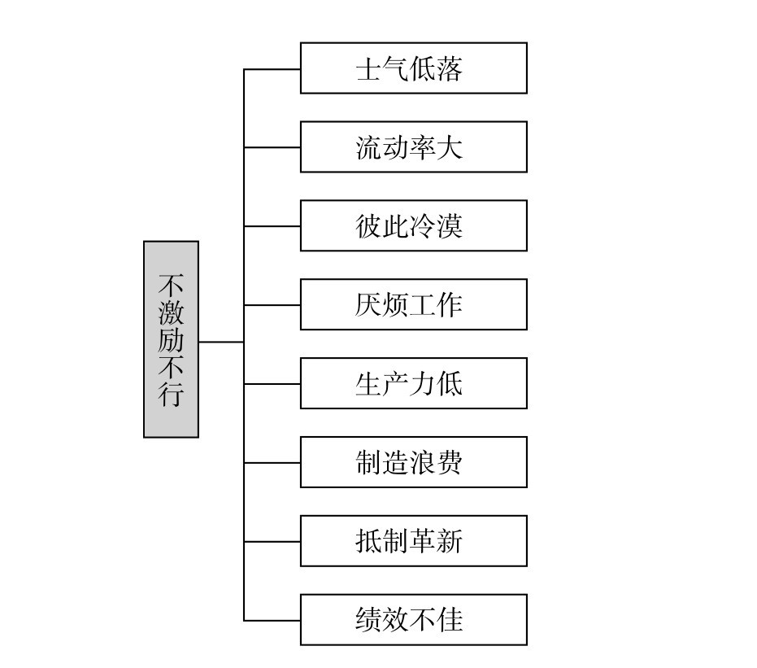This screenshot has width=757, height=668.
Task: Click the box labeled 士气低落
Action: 413,68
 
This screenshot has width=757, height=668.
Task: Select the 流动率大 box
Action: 413,147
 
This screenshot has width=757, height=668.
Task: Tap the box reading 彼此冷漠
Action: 413,225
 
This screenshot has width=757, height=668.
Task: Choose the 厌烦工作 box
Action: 413,304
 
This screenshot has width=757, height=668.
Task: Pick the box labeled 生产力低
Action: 413,383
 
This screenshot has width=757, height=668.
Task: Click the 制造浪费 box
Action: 413,462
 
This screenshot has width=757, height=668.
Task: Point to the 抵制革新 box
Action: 413,541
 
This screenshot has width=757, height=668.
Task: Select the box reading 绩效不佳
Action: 413,620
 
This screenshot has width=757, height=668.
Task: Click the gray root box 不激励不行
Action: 171,339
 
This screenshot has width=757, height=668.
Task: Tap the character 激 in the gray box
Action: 172,312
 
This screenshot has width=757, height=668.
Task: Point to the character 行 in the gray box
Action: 172,395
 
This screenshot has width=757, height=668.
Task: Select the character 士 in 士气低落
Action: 369,69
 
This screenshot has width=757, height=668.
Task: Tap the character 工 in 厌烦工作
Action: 423,305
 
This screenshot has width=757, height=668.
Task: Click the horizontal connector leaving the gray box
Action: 221,343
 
